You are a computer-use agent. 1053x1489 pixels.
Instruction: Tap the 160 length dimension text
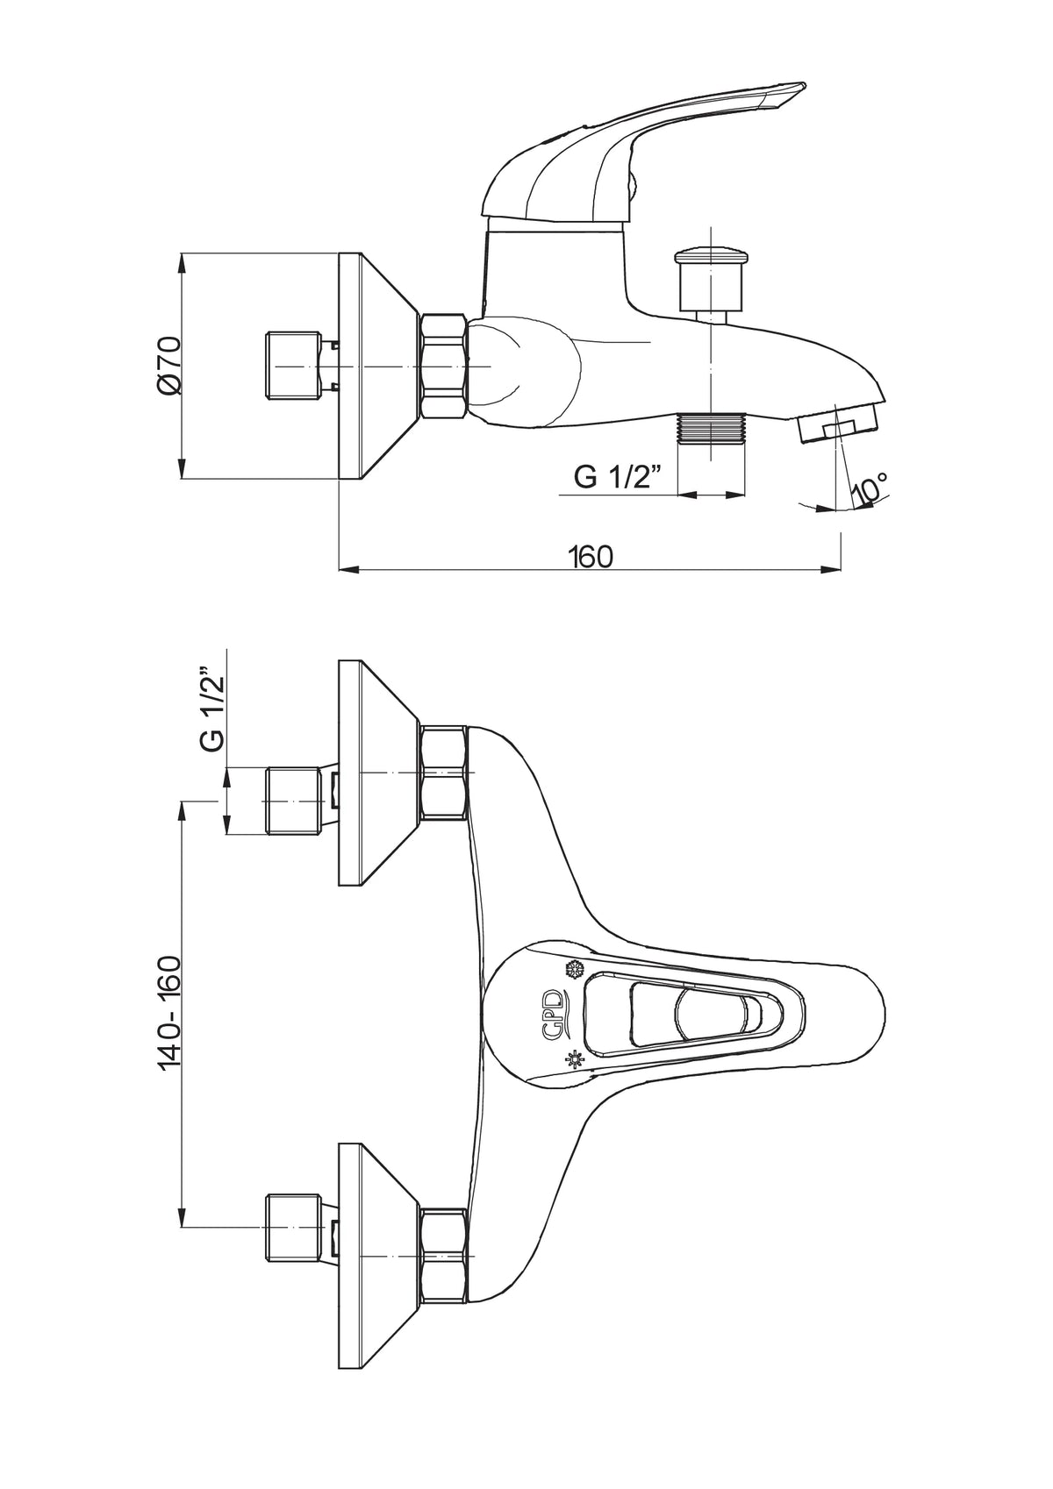coord(591,556)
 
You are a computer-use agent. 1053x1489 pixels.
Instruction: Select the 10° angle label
coord(869,488)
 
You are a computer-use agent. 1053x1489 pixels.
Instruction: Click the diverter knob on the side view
coord(710,279)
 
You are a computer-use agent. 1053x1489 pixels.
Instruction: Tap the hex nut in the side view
coord(444,366)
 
